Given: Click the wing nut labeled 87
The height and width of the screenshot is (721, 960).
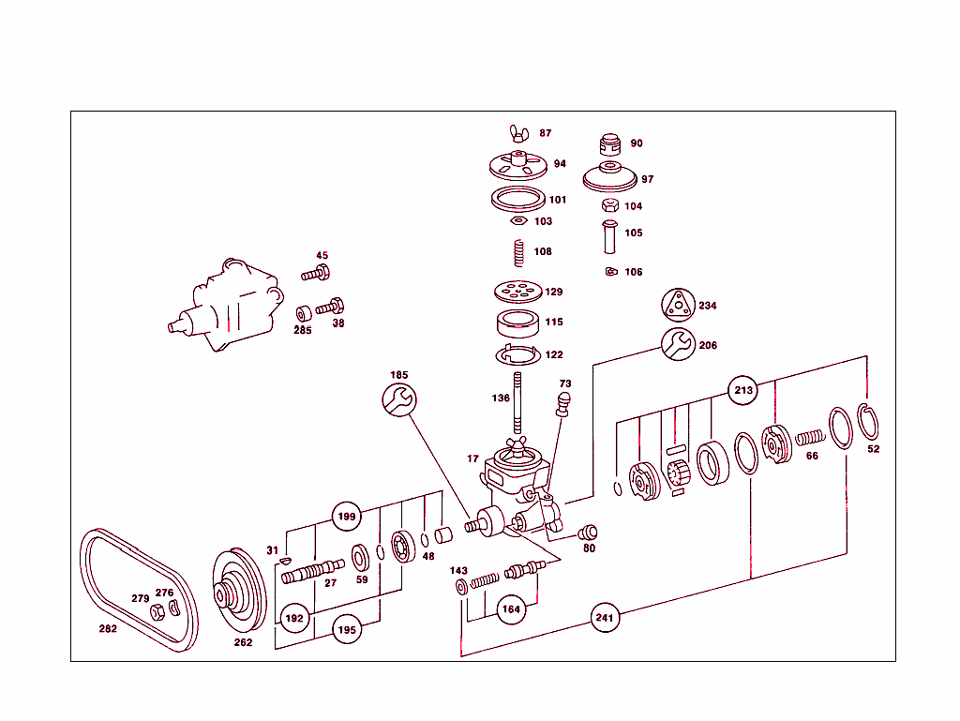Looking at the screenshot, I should (x=517, y=133).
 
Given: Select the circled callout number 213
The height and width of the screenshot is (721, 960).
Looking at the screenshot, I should (x=743, y=390).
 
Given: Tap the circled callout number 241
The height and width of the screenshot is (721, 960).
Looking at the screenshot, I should (x=606, y=618).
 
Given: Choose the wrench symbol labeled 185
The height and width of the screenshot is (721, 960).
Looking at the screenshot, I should (x=398, y=400).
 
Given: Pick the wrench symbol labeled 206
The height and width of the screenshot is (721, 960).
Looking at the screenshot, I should (x=677, y=344).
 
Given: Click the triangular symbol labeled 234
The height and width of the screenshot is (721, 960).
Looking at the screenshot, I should (x=677, y=305).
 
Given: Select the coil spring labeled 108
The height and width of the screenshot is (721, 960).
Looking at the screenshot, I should (x=517, y=252).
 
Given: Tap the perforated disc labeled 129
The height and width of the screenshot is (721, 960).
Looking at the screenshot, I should (x=517, y=292).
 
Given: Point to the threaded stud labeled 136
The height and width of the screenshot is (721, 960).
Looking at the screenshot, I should (x=517, y=399).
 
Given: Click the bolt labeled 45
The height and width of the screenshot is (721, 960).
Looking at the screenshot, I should (x=316, y=274).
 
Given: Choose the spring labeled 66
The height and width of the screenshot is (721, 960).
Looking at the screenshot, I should (x=809, y=436).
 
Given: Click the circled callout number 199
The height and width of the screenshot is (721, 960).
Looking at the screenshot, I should (x=347, y=516).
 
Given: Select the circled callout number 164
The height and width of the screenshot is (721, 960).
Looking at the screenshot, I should (x=512, y=608).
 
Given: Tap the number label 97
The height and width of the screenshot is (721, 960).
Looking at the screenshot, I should (x=648, y=179).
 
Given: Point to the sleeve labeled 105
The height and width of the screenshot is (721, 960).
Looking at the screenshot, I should (x=608, y=234).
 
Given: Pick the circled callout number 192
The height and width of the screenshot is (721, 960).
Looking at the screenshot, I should (x=294, y=619).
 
